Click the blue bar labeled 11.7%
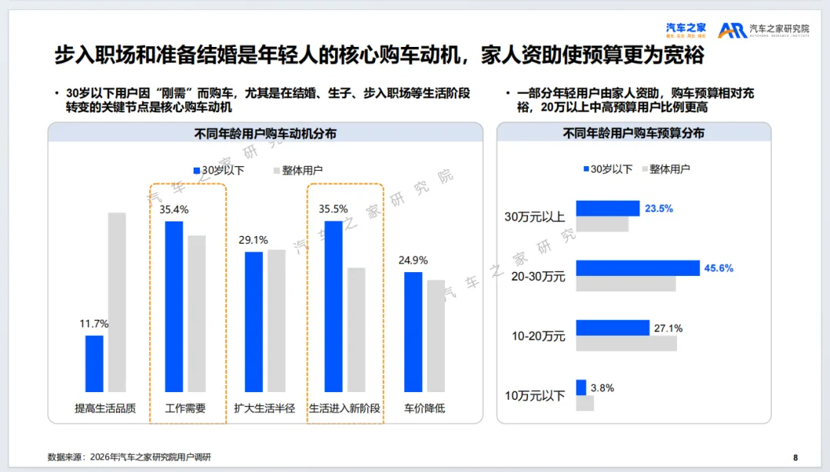94,364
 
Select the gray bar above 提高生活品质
117,302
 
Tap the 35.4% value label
174,209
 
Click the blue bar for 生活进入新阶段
334,307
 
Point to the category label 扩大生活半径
264,408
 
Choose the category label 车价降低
424,408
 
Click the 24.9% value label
413,260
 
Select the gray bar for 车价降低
436,336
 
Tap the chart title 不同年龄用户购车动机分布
265,134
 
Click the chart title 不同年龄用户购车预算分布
633,134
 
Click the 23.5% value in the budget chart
659,208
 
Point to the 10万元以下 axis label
535,396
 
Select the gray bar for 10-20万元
626,344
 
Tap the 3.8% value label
602,388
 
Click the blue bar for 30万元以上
607,208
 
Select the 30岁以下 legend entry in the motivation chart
218,170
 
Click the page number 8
795,456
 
